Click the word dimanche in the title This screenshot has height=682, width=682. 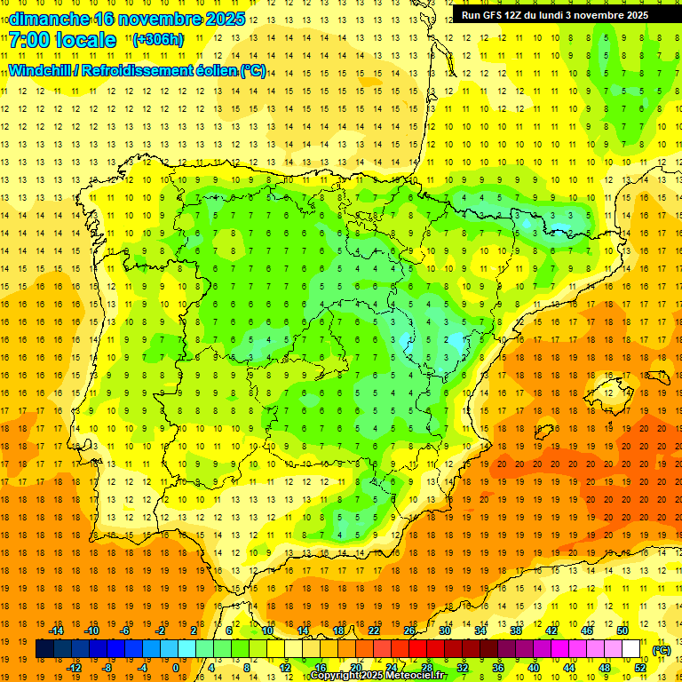pos(44,19)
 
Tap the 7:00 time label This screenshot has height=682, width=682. pos(28,40)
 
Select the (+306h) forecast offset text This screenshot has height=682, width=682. pos(158,39)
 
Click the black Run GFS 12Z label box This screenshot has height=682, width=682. pos(555,14)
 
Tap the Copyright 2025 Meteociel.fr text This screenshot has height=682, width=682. pos(377,676)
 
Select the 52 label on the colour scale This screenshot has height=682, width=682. pos(640,668)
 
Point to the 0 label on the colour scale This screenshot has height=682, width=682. pos(176,668)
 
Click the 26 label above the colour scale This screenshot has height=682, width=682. pos(409,630)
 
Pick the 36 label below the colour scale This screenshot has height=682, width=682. pos(498,668)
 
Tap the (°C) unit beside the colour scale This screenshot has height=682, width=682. pos(662,650)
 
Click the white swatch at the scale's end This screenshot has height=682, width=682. pos(631,649)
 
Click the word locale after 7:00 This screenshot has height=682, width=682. pos(84,40)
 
